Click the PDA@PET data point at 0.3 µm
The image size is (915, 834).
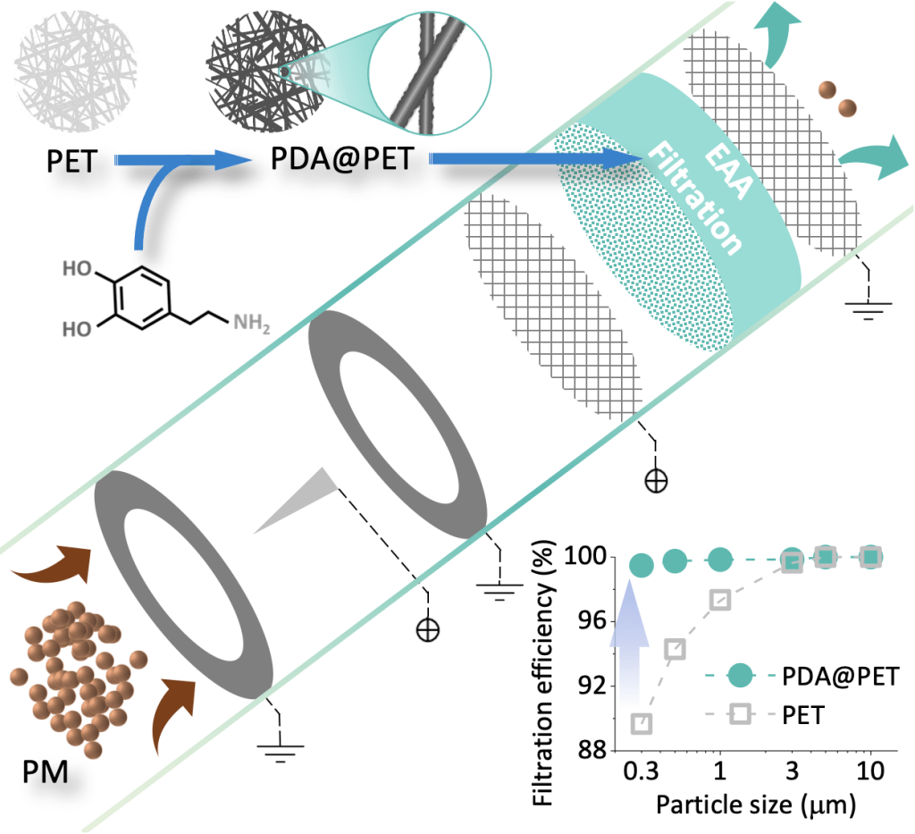641,565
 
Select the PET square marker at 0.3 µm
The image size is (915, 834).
641,722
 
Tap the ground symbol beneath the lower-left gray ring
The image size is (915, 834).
281,749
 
